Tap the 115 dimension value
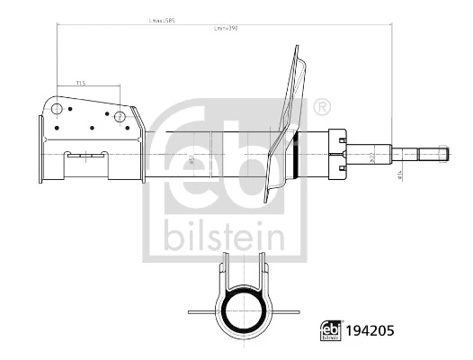click(x=81, y=83)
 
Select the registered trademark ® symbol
click(x=321, y=109)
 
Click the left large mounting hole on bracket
click(x=58, y=111)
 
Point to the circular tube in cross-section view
click(x=242, y=310)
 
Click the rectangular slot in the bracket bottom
click(x=86, y=154)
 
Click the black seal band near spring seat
click(x=296, y=154)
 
